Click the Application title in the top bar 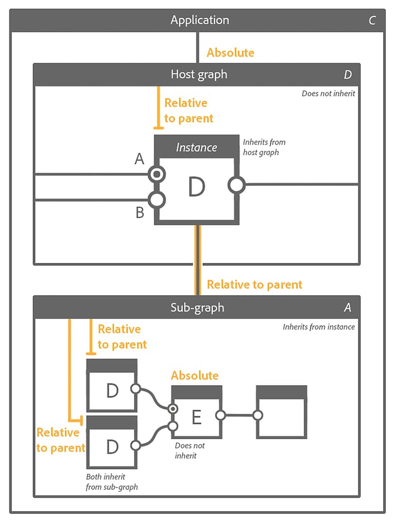coord(200,20)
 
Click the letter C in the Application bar coord(372,21)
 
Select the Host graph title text coord(199,74)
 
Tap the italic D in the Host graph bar coord(347,74)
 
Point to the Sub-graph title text coord(197,307)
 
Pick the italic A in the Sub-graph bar coord(347,307)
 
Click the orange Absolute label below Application coord(230,52)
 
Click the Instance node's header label coord(196,147)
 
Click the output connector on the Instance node coord(236,185)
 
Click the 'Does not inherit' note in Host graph coord(328,93)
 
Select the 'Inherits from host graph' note coord(264,147)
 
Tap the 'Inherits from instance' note coord(318,327)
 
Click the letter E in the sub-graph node coord(196,418)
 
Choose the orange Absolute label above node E coord(194,376)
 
